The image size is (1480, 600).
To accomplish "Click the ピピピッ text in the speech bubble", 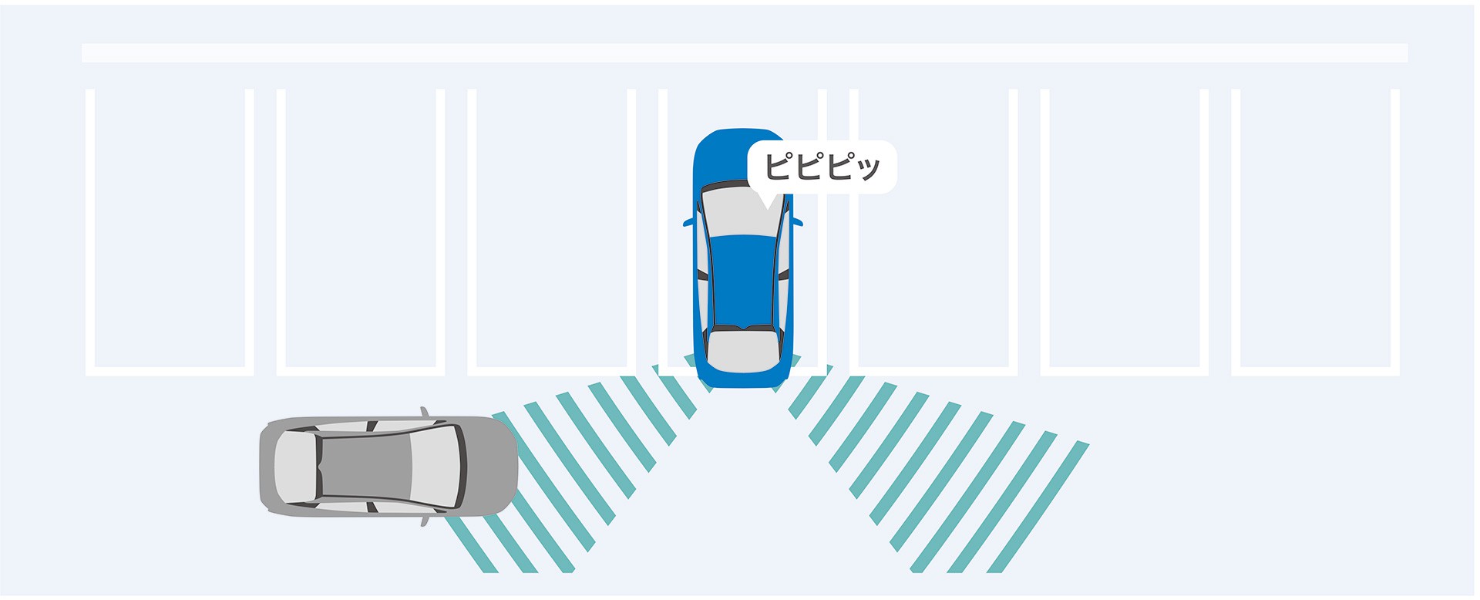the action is [822, 166].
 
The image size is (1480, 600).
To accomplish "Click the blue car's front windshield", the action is [744, 210].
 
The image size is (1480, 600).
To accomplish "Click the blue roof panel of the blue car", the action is [744, 281].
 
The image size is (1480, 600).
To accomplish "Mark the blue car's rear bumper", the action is [744, 379].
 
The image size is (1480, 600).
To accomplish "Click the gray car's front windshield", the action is [437, 466].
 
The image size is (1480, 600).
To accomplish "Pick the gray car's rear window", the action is [295, 466].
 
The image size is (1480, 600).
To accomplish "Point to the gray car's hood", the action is [491, 466].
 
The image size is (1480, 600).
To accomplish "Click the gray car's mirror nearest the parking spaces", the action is [424, 412].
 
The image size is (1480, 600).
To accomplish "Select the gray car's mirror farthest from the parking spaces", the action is [424, 521].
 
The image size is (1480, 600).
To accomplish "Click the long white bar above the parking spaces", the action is [745, 52].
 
